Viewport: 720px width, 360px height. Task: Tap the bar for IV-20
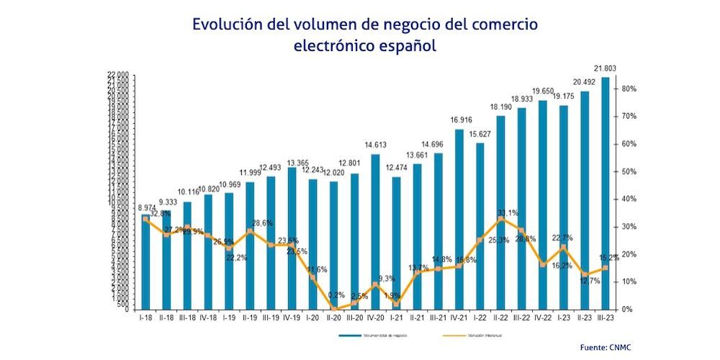(x=375, y=231)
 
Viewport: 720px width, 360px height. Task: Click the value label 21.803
(x=606, y=68)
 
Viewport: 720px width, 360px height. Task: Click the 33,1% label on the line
(x=508, y=213)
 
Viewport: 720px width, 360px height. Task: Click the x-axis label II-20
(x=333, y=317)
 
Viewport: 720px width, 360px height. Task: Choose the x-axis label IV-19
(x=292, y=317)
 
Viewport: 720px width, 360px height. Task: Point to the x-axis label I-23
(x=564, y=317)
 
